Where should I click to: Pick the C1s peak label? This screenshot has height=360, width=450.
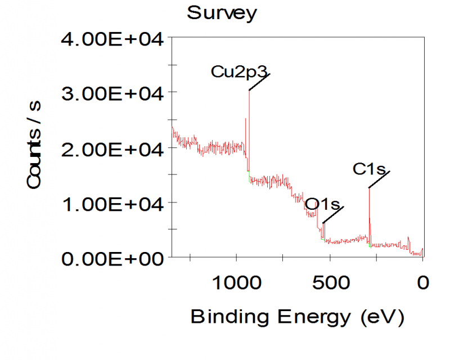(x=368, y=168)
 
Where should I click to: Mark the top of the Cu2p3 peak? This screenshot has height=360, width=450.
(x=249, y=91)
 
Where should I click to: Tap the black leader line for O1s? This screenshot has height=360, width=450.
(x=333, y=215)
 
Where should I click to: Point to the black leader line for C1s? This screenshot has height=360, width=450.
(x=379, y=179)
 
